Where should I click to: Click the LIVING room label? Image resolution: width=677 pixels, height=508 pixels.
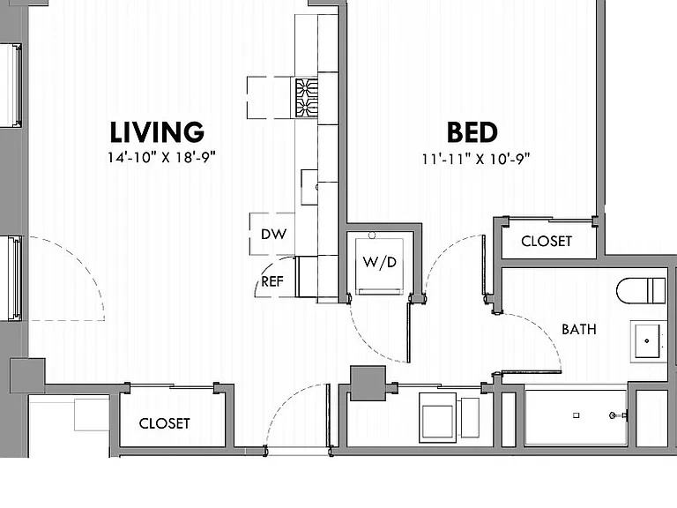click(x=157, y=131)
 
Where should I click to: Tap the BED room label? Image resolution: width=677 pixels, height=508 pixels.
click(x=472, y=132)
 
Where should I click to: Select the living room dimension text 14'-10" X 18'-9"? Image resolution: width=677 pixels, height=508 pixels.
click(x=161, y=157)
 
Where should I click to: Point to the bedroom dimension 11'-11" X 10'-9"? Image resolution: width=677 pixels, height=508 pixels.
click(x=476, y=159)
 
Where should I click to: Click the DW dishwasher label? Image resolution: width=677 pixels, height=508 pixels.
click(x=274, y=234)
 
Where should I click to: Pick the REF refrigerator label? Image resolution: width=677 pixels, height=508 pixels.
click(x=272, y=281)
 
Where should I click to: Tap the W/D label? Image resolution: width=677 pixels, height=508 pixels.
click(x=380, y=262)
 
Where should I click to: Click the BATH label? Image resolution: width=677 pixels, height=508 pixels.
click(x=579, y=330)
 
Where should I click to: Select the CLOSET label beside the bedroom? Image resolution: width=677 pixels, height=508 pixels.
click(x=547, y=241)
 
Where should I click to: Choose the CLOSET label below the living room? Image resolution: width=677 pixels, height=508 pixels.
click(x=165, y=423)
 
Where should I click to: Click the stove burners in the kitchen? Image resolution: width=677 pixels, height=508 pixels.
click(x=307, y=98)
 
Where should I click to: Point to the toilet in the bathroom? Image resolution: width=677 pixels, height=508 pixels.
click(x=641, y=291)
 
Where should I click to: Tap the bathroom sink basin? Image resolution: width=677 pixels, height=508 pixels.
click(x=646, y=340)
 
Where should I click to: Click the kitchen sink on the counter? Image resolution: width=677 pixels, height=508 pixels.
click(x=309, y=187)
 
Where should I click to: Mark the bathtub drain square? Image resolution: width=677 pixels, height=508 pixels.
click(x=576, y=415)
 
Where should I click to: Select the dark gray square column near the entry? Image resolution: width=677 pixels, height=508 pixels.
click(x=368, y=383)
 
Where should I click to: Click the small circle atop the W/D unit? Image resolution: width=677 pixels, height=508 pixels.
click(x=372, y=235)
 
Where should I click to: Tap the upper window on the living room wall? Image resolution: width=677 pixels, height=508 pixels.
click(x=11, y=85)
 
